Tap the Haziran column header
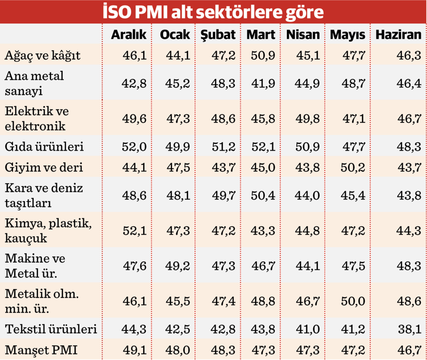pyautogui.click(x=398, y=35)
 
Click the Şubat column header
pyautogui.click(x=218, y=35)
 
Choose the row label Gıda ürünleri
pyautogui.click(x=44, y=147)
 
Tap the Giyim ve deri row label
pyautogui.click(x=44, y=168)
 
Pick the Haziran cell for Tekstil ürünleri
pyautogui.click(x=407, y=330)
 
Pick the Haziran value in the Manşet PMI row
pyautogui.click(x=407, y=350)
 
